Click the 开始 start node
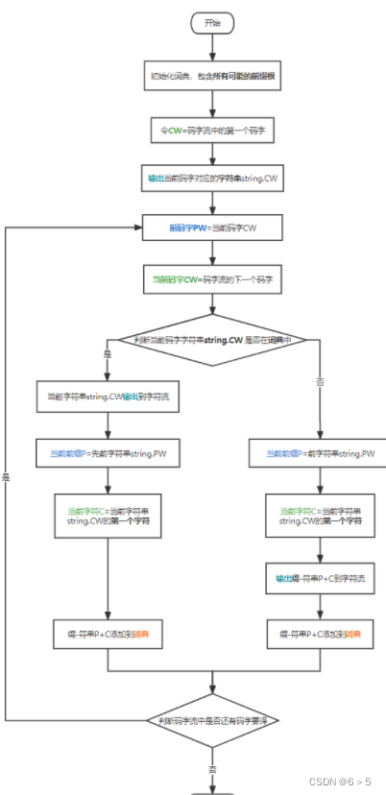tap(211, 20)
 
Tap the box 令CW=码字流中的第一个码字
tap(212, 127)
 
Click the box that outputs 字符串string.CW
tap(212, 179)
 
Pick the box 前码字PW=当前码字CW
tap(212, 228)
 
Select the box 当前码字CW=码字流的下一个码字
tap(212, 279)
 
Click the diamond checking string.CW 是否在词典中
tap(212, 339)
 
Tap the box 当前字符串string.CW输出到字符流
tap(108, 395)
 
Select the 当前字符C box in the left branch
tap(108, 516)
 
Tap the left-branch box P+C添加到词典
tap(108, 634)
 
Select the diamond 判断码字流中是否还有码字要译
tap(212, 719)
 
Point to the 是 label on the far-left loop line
tap(6, 477)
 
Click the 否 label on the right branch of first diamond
tap(318, 382)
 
